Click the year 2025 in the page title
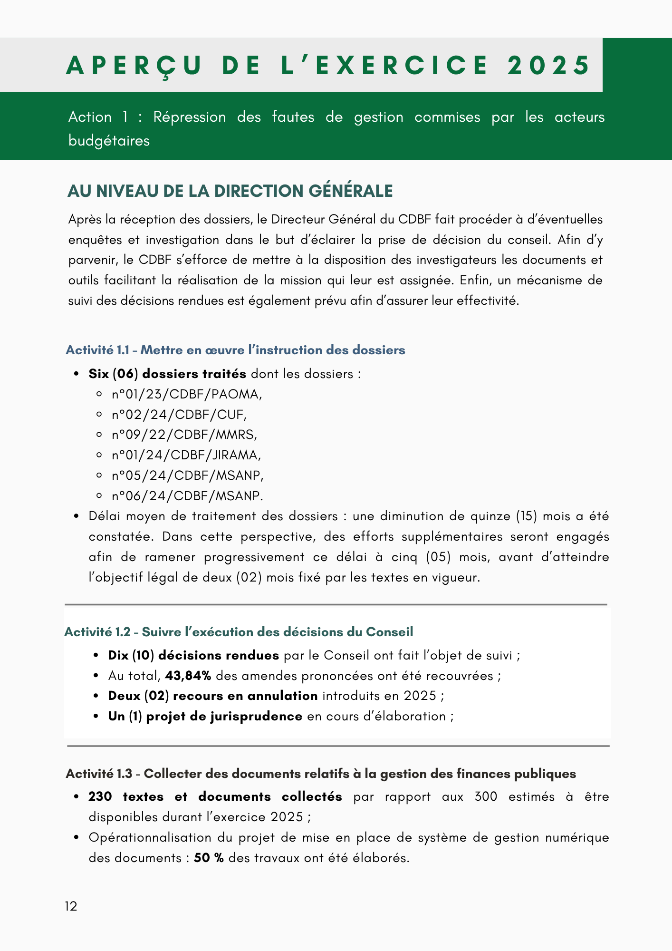[548, 65]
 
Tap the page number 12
[71, 906]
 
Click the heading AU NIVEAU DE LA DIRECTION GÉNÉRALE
[230, 191]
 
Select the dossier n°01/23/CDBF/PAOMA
[187, 394]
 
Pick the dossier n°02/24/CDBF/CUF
[179, 415]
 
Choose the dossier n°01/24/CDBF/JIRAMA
[186, 455]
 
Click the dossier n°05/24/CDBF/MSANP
[187, 475]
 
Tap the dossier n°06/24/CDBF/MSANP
[187, 496]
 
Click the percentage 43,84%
[188, 676]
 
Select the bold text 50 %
[209, 858]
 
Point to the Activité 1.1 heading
[235, 350]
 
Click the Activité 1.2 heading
[239, 632]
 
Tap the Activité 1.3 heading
[321, 774]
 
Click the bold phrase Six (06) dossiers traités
[167, 374]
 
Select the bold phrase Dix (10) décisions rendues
[193, 655]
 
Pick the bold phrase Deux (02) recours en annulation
[213, 696]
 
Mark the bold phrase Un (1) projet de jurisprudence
[205, 716]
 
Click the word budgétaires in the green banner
[109, 141]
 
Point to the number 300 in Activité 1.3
[486, 796]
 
